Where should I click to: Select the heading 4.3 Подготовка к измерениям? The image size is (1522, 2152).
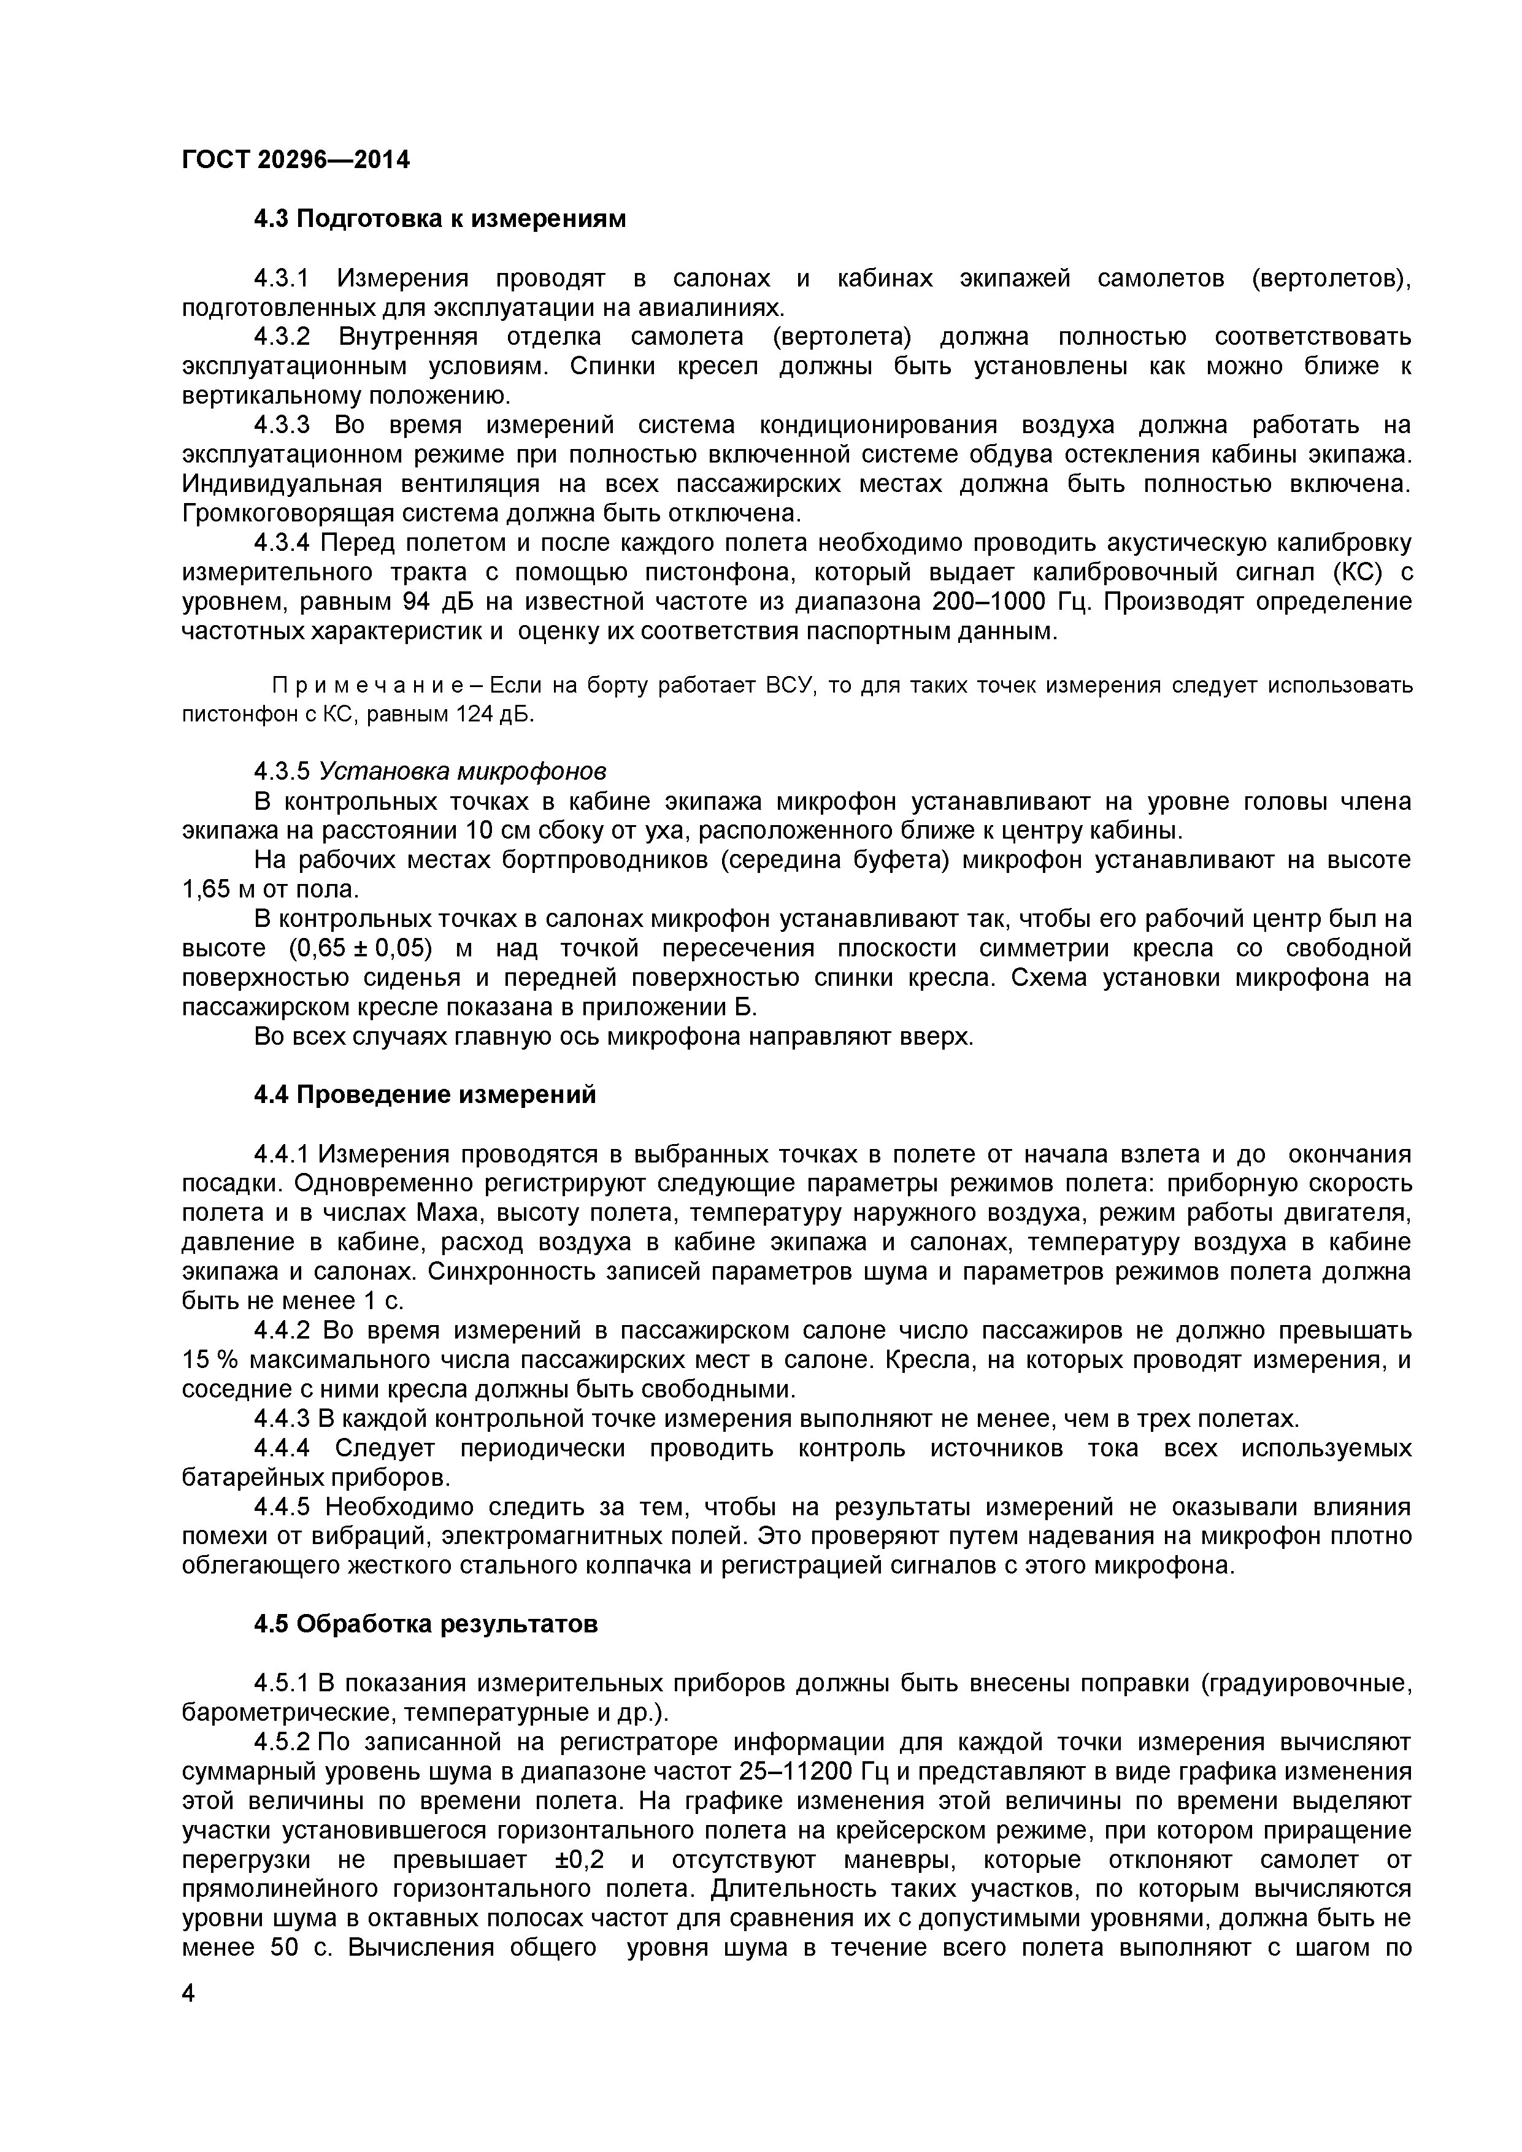pos(439,220)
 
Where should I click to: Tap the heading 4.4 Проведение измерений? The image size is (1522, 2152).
pos(425,1095)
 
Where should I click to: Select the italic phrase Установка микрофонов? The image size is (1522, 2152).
pos(463,771)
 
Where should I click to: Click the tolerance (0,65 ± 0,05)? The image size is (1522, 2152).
pos(362,948)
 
